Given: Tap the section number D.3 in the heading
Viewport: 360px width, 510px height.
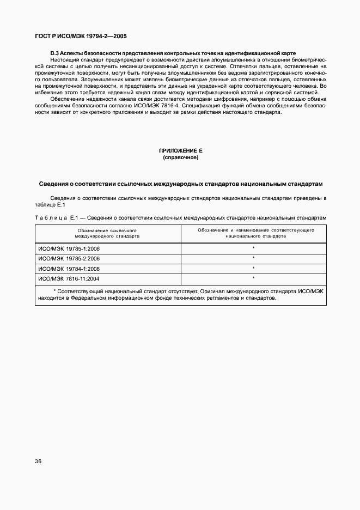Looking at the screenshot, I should [x=54, y=53].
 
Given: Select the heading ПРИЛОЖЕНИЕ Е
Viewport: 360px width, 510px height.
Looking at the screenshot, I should [x=180, y=150].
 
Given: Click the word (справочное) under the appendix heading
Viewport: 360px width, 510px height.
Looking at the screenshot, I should [x=180, y=157].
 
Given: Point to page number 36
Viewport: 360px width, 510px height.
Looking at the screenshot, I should [x=39, y=461].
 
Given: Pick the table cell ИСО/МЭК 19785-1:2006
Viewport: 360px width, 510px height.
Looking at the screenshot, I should [x=69, y=248].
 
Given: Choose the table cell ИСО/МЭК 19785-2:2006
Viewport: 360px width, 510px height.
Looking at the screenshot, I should [x=69, y=258].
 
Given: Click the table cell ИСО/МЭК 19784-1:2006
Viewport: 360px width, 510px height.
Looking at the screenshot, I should [x=69, y=269].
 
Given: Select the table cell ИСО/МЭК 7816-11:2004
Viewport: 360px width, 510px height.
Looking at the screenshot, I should [x=69, y=278].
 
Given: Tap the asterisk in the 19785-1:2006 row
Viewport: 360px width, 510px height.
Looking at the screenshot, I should [x=254, y=248].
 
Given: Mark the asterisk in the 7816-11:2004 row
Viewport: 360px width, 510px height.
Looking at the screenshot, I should [x=254, y=278].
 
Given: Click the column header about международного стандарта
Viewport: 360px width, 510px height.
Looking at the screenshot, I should [x=107, y=233].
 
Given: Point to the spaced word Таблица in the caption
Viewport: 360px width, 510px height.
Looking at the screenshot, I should [x=51, y=218].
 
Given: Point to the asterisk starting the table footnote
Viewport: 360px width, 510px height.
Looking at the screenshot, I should [x=55, y=291].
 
